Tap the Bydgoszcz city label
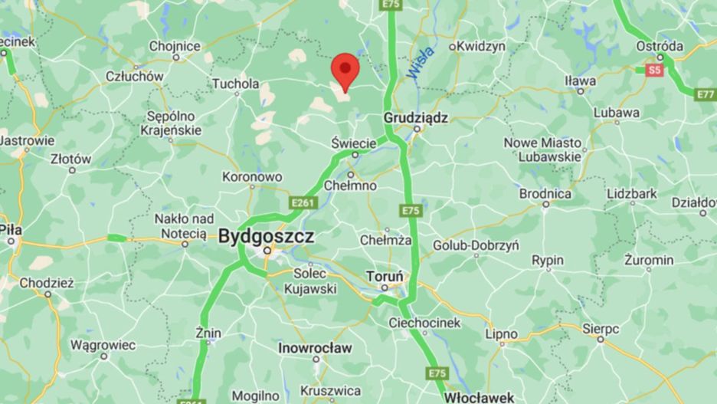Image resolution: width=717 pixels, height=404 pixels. [266, 237]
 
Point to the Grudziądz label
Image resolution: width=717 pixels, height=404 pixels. [415, 118]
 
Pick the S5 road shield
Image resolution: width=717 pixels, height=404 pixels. [653, 71]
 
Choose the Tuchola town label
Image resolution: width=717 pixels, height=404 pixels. [235, 84]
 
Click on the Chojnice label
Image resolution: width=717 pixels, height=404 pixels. [175, 46]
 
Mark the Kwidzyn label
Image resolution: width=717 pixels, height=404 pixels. [481, 46]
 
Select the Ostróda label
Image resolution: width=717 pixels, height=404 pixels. [660, 46]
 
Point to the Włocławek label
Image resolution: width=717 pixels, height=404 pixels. [479, 397]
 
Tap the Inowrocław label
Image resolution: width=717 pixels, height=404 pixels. [316, 348]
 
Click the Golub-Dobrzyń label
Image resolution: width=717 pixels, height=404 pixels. [476, 245]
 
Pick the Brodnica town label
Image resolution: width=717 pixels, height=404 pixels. [545, 194]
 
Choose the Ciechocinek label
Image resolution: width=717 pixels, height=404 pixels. [424, 323]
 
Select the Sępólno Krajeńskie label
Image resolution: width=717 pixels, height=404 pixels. [174, 123]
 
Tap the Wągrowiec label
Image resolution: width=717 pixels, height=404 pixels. [103, 345]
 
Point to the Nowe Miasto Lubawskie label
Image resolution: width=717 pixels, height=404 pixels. [542, 149]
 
